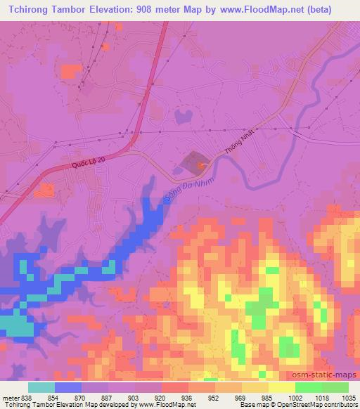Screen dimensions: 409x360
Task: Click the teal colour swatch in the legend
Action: (41, 388)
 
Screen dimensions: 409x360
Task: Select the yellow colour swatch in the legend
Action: (281, 388)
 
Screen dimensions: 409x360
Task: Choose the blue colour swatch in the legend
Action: (67, 388)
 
